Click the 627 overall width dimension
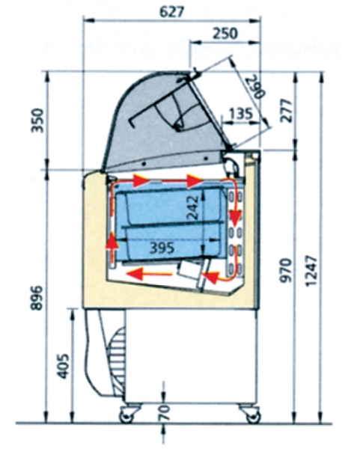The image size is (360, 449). (x=171, y=12)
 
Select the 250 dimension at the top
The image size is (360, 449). (x=225, y=34)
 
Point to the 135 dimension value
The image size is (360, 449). (x=241, y=114)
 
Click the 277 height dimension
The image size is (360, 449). (x=287, y=111)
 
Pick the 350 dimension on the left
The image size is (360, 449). (x=37, y=120)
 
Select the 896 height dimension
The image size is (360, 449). (x=37, y=298)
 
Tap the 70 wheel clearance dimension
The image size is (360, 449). (x=165, y=412)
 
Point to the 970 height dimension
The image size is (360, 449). (x=287, y=271)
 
